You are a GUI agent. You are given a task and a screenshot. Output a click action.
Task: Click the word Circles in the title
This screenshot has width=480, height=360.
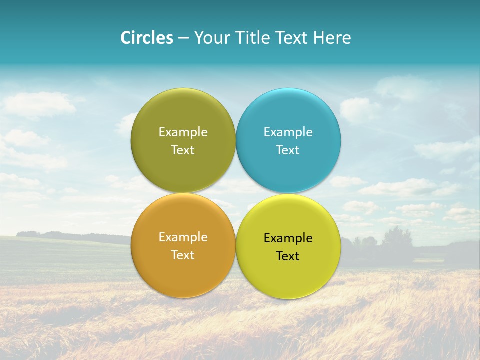[147, 38]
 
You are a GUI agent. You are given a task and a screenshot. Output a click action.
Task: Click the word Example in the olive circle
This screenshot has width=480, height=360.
[183, 132]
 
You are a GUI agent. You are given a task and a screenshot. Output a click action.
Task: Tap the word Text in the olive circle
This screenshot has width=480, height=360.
[183, 150]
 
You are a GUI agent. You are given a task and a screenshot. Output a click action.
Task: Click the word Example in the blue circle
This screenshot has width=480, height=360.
[288, 132]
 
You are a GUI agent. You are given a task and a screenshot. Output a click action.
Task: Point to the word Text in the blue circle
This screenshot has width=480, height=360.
[288, 150]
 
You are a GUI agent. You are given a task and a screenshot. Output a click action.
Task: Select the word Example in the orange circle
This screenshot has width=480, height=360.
[183, 237]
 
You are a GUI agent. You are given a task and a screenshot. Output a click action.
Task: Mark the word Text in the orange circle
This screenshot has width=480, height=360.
[183, 255]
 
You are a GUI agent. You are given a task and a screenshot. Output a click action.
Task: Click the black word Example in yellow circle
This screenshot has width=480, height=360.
[288, 238]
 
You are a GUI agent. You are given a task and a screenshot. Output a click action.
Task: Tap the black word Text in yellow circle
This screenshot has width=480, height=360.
[288, 256]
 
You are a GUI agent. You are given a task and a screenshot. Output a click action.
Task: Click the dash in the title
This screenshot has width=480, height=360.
[183, 38]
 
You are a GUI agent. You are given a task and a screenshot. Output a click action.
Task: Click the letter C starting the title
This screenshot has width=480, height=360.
[125, 38]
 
